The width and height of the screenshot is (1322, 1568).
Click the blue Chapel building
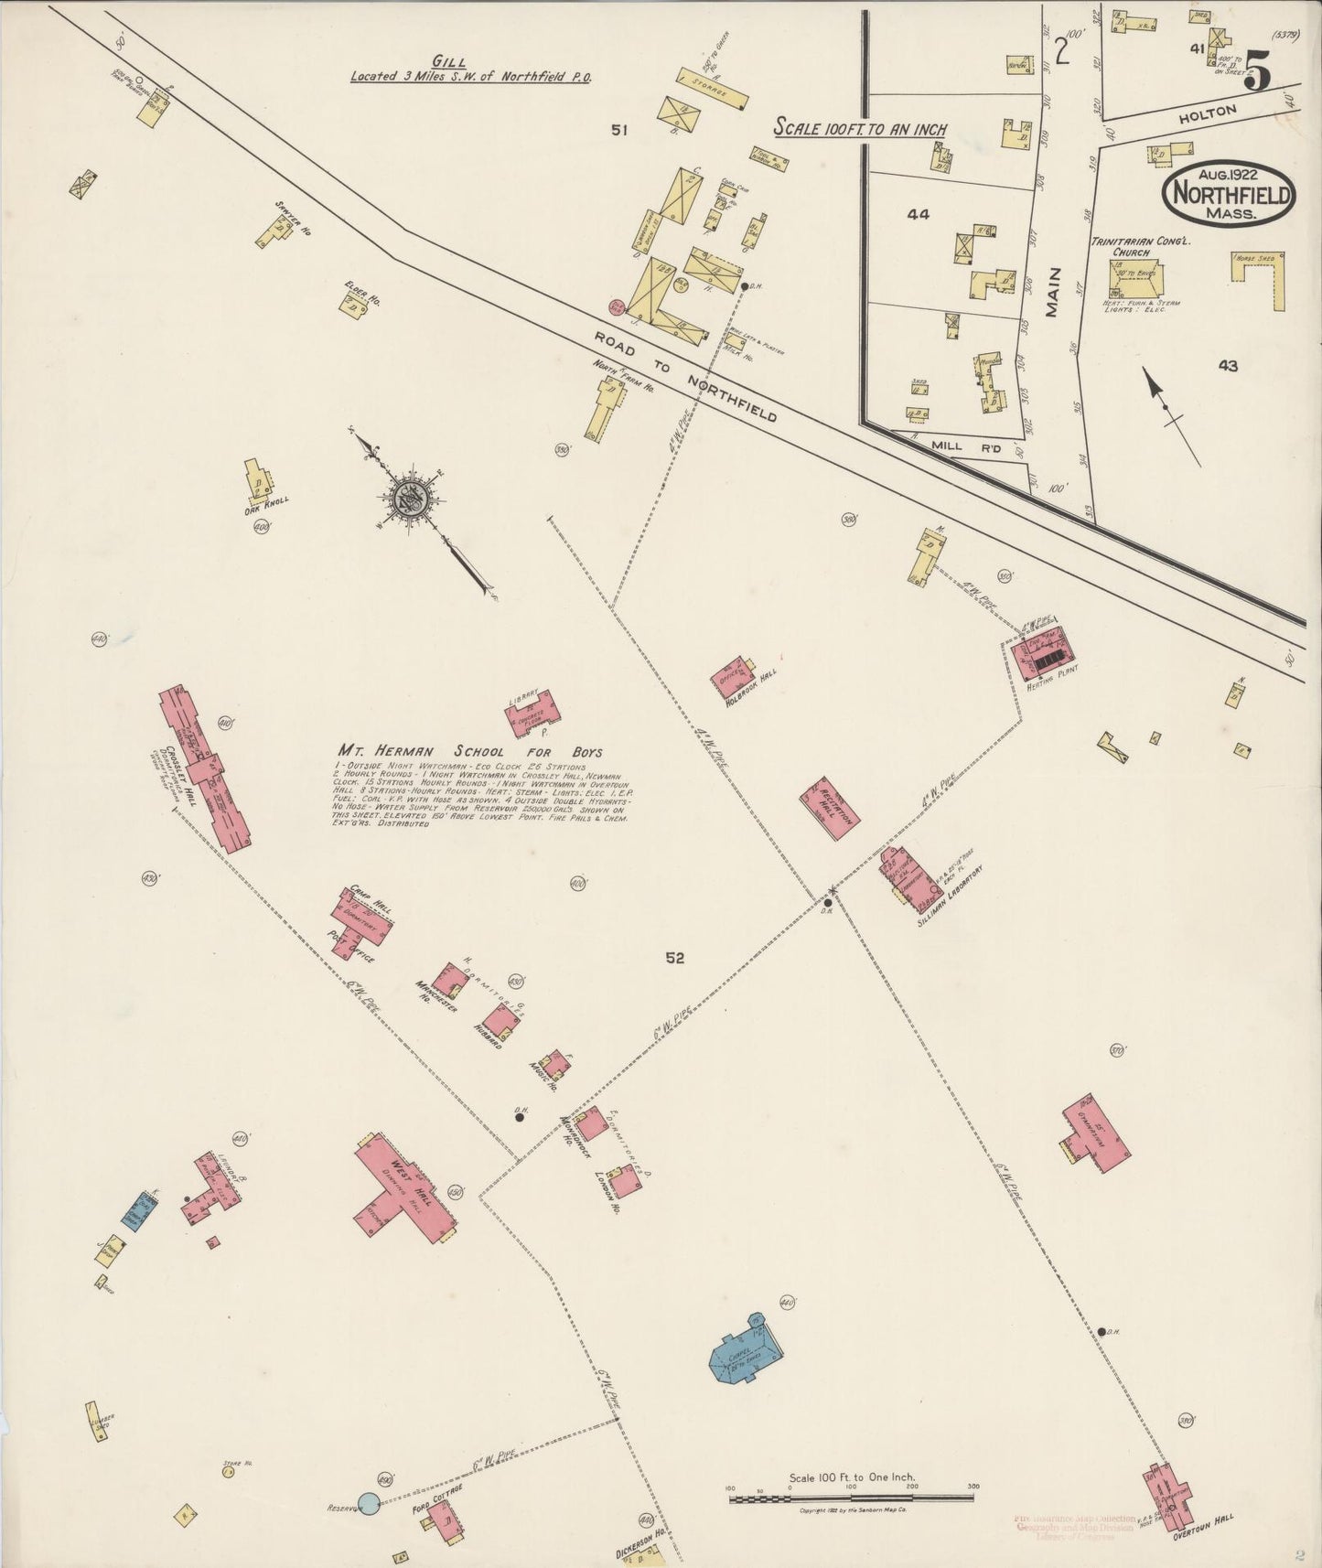click(746, 1354)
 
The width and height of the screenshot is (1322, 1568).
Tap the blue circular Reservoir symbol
click(368, 1502)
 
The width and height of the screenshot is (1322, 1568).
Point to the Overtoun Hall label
click(1202, 1527)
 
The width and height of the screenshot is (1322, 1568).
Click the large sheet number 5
click(1258, 73)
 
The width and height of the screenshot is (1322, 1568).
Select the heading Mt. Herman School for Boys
click(468, 751)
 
